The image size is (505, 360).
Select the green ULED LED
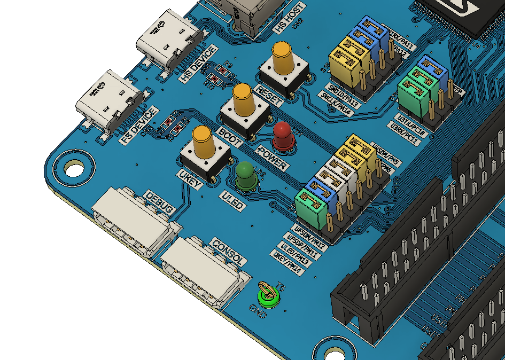pos(246,175)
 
